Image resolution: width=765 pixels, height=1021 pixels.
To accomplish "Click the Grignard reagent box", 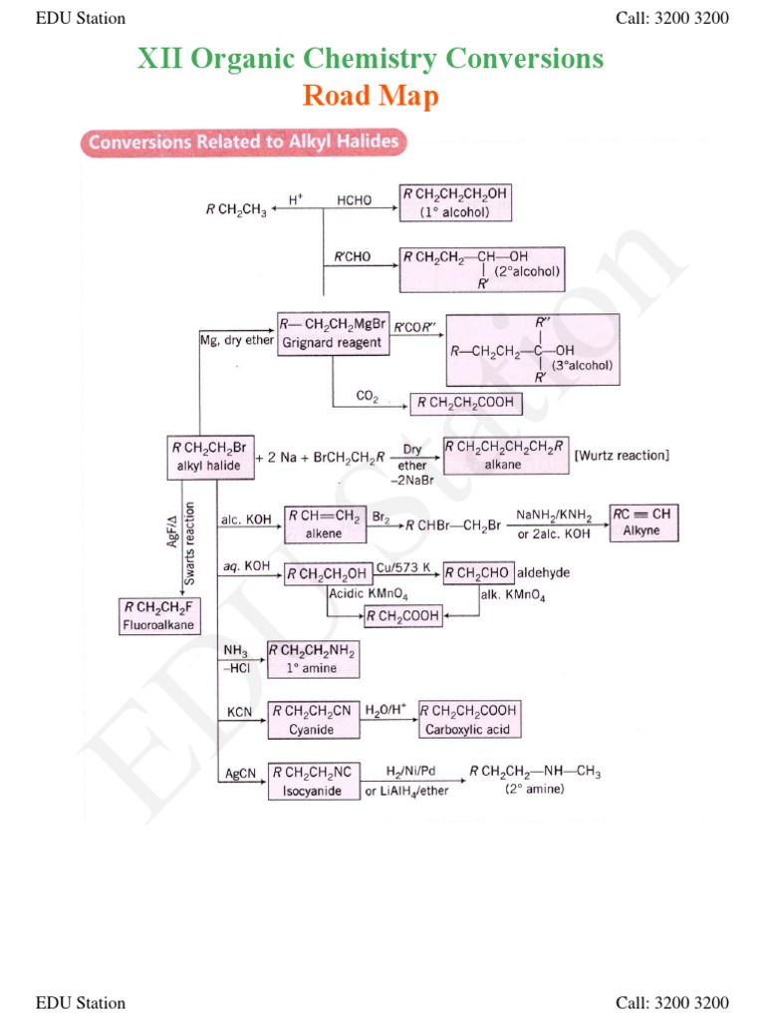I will tap(333, 334).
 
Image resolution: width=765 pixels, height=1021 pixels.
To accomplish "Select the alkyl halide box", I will tap(209, 457).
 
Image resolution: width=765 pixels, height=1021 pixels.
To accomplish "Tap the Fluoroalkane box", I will tap(158, 615).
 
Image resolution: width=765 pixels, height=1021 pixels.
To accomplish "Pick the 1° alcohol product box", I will tap(457, 202).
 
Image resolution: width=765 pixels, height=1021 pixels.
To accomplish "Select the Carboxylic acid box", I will tap(468, 719).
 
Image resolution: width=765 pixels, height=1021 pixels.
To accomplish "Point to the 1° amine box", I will tap(313, 659).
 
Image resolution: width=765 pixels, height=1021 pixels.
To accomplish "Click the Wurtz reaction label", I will tap(623, 456).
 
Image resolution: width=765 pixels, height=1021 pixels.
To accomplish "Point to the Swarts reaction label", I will tap(190, 545).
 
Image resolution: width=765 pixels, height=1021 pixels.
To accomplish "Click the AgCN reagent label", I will tap(240, 773).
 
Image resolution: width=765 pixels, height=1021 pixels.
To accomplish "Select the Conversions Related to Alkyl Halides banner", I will tap(243, 143).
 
